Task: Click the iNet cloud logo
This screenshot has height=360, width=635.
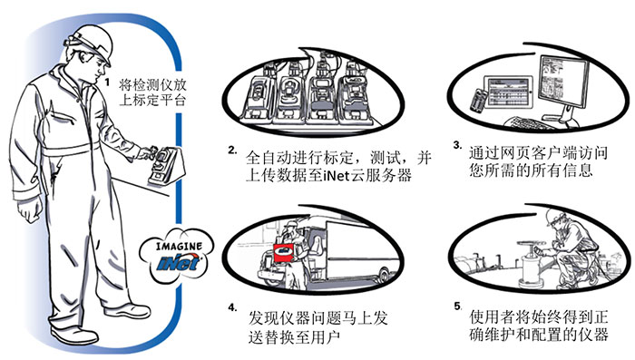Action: click(x=178, y=255)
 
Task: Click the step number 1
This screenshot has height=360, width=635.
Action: click(x=107, y=83)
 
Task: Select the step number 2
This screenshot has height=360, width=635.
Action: click(x=232, y=151)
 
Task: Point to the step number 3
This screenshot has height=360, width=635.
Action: click(x=457, y=145)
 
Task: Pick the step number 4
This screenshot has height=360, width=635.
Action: click(x=232, y=307)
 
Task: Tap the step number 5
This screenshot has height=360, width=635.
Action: click(x=457, y=306)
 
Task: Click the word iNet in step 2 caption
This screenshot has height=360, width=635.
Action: click(x=337, y=176)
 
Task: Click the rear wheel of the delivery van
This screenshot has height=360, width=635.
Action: click(x=384, y=275)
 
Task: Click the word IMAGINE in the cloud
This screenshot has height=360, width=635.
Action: click(x=179, y=246)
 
